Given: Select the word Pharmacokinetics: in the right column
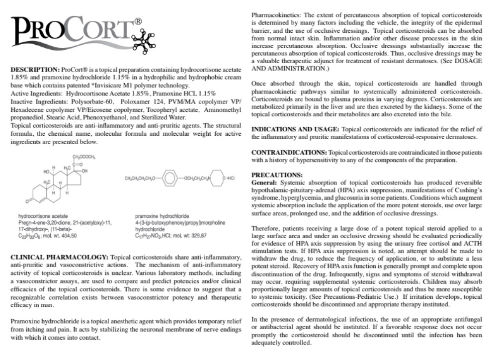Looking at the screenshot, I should click(x=276, y=6).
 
